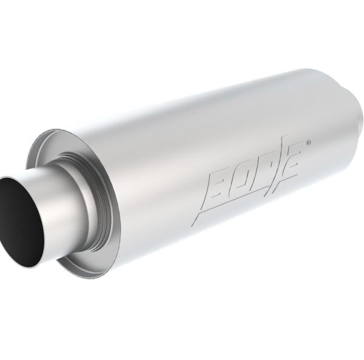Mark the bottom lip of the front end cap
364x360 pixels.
coord(91,273)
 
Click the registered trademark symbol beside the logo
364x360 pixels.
coord(308,143)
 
